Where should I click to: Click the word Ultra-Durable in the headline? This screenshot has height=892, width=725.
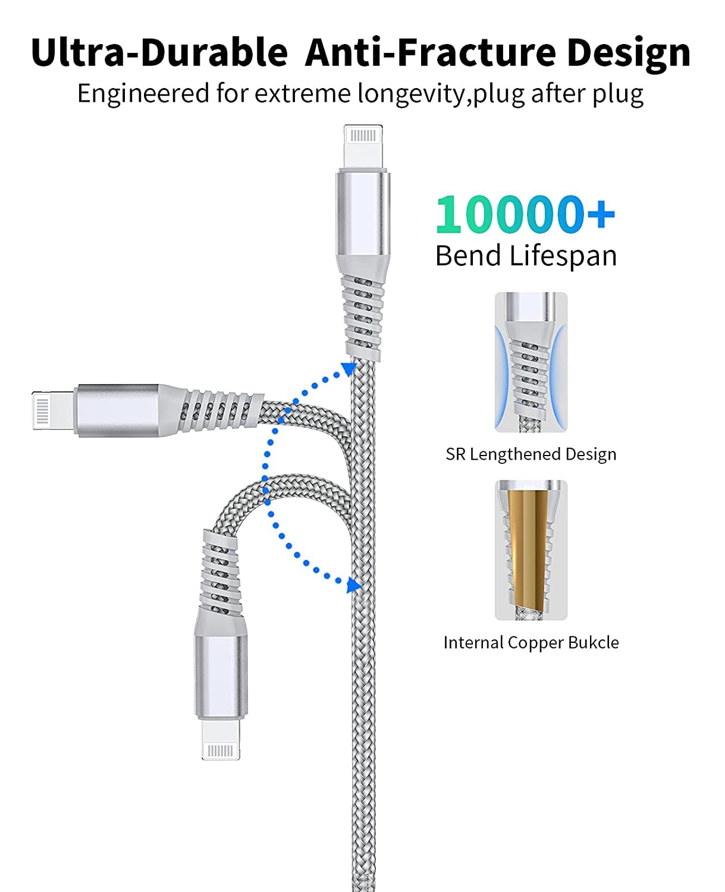159,52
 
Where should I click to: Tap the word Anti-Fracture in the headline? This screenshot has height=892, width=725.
431,52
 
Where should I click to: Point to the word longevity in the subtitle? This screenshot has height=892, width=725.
412,94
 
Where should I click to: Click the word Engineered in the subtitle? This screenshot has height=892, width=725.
143,94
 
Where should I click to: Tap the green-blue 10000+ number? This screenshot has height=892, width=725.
525,215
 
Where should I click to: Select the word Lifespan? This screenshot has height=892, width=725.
563,256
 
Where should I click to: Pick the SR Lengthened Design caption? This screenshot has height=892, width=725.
531,454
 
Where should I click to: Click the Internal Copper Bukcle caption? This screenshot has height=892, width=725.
531,642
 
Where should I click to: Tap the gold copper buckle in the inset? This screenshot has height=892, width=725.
529,551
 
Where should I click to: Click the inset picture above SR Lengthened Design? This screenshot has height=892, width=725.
531,362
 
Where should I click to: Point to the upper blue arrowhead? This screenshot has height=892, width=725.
350,369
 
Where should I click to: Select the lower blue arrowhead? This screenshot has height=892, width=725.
354,585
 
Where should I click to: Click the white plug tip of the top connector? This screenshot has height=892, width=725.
363,146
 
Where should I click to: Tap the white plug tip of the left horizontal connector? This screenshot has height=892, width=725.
54,410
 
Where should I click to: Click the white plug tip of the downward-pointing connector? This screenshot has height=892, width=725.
221,740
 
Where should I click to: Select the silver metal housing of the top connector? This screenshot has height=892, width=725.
363,218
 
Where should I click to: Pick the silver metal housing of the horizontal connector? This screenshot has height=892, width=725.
117,410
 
